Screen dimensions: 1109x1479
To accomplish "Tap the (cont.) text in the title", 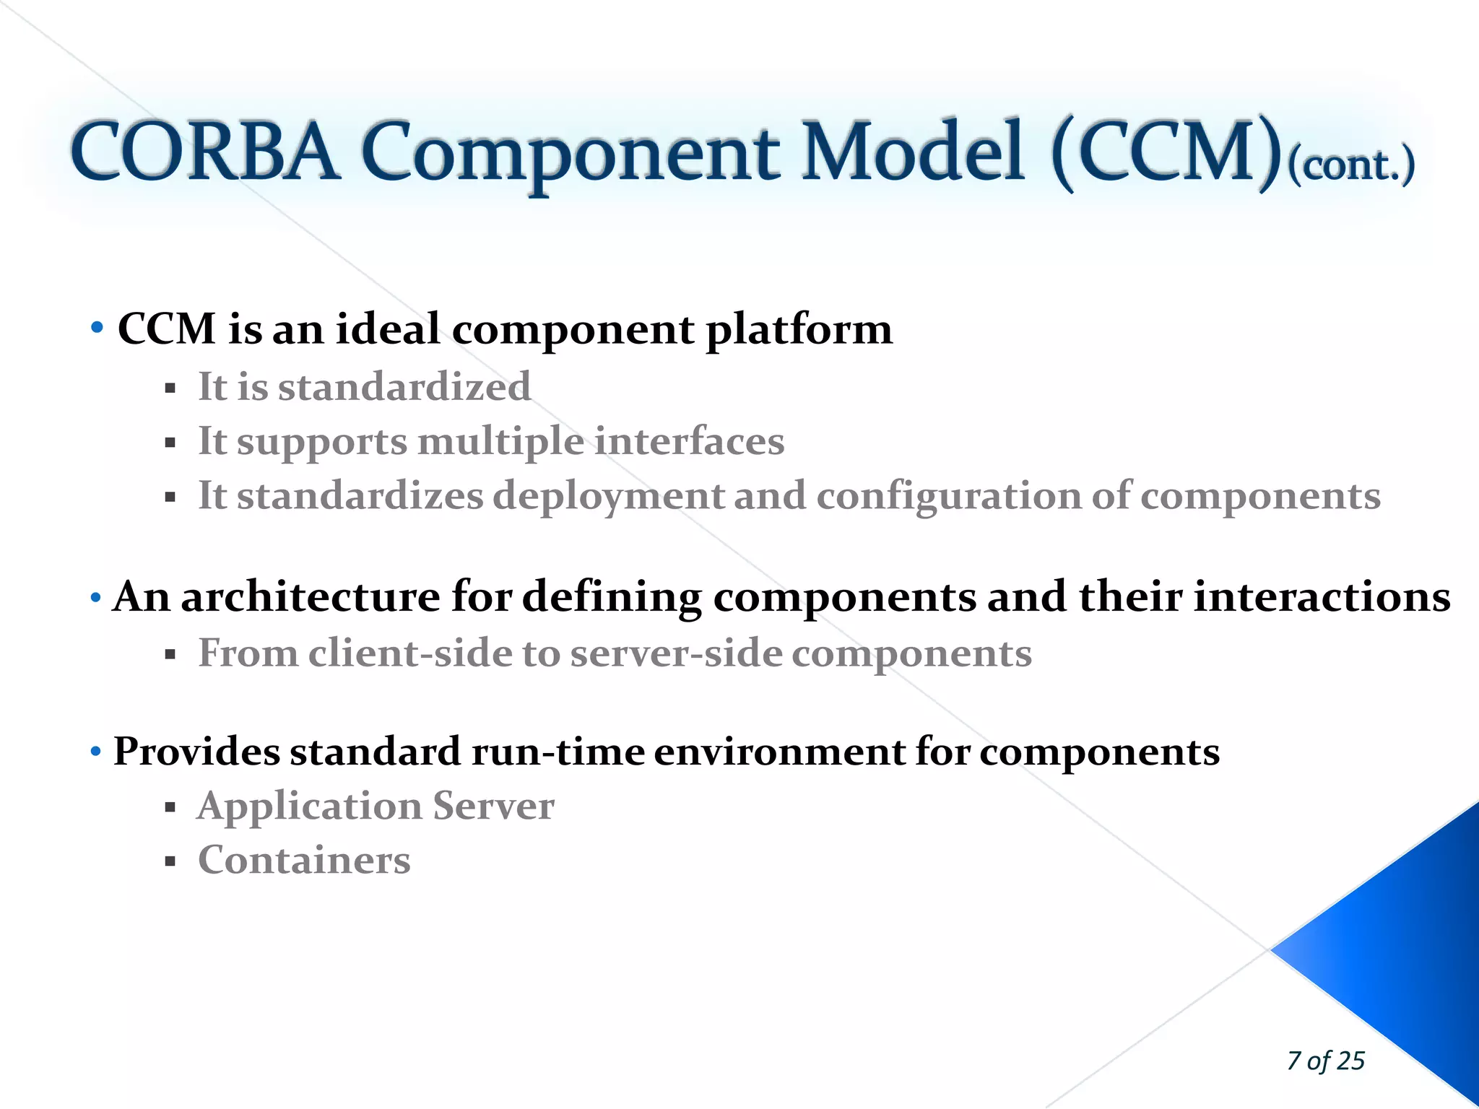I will point(1350,166).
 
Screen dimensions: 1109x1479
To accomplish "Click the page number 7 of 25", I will point(1326,1061).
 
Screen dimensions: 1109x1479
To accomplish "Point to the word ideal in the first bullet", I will point(388,329).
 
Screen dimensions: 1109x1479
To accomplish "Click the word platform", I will point(799,331).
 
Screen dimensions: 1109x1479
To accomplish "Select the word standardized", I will point(404,387).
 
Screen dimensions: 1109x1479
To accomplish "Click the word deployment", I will point(609,497).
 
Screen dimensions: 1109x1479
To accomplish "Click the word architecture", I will point(311,597).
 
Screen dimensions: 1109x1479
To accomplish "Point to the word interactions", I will point(1322,597).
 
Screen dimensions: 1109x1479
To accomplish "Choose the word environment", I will point(779,752).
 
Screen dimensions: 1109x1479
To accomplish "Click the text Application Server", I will point(376,806).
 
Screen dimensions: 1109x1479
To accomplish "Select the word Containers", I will point(304,861).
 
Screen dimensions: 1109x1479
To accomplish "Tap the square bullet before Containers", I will point(170,861).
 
